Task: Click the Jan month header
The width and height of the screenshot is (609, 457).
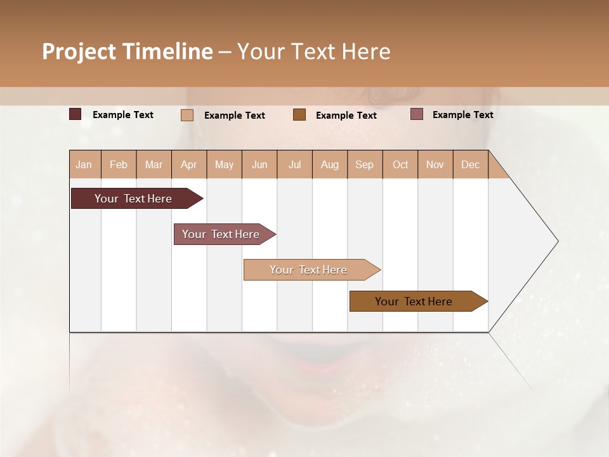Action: click(x=84, y=164)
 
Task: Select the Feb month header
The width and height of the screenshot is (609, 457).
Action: click(x=119, y=164)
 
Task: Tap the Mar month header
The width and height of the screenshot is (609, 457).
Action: click(x=154, y=164)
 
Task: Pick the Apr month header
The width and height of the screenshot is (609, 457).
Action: click(x=189, y=164)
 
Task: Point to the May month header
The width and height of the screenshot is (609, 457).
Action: click(x=224, y=164)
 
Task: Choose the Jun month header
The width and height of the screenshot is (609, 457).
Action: click(x=259, y=164)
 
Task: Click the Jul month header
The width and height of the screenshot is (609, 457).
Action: click(x=294, y=164)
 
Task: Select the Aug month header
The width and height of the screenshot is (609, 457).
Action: click(x=330, y=164)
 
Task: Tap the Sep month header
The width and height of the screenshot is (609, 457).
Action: click(x=365, y=164)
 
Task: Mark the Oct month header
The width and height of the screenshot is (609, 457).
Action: click(x=400, y=164)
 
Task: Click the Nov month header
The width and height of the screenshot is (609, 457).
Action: click(x=435, y=164)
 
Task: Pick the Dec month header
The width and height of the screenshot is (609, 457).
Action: click(x=471, y=164)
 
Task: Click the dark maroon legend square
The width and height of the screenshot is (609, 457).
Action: click(x=75, y=114)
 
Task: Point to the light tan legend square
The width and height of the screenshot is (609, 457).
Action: click(x=187, y=115)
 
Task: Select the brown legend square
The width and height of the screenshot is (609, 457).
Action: click(x=299, y=115)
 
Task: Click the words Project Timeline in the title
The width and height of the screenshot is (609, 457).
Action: click(x=128, y=51)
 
